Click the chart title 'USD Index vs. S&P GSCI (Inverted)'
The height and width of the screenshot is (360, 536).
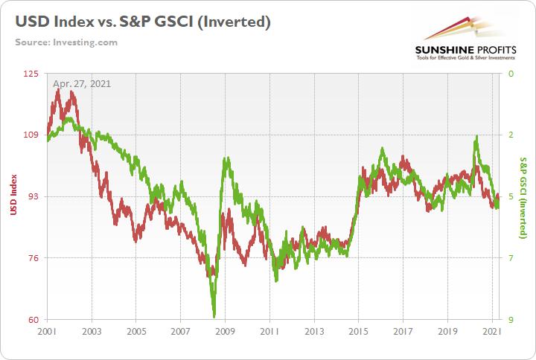coord(142,22)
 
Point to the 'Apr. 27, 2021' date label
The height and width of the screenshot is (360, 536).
coord(81,83)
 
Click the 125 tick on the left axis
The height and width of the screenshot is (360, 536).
coord(31,74)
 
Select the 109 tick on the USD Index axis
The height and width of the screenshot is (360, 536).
coord(31,135)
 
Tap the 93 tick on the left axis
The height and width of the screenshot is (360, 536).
coord(33,196)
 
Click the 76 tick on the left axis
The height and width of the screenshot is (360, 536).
coord(33,258)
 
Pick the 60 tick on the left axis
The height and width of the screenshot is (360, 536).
coord(33,320)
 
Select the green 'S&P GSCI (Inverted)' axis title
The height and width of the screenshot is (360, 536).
coord(523,196)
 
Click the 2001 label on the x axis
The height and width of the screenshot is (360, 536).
coord(47,331)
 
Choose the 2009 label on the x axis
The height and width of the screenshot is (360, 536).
coord(225,331)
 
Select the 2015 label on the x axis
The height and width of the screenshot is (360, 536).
coord(358,331)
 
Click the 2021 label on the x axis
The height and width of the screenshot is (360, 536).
coord(491,331)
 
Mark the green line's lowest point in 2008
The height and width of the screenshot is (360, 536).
coord(214,315)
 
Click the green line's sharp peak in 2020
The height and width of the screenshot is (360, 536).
coord(476,137)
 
